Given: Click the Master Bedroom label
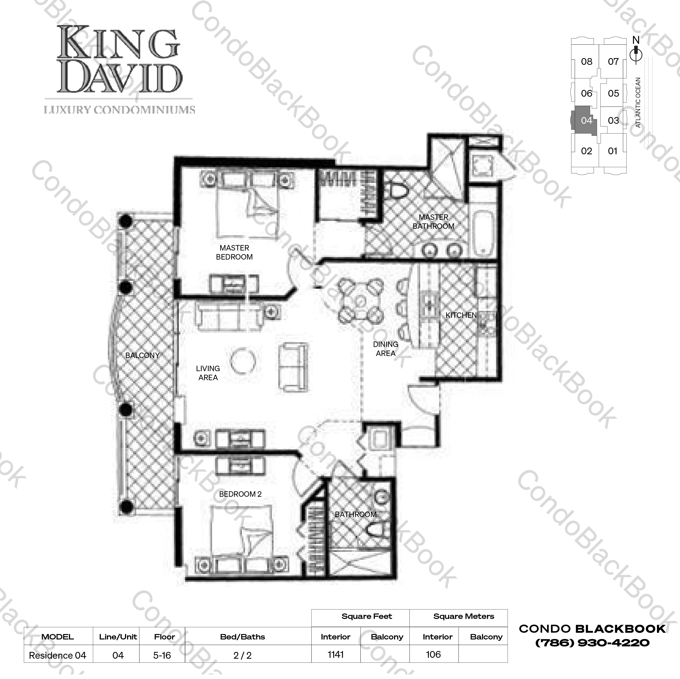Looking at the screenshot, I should pyautogui.click(x=234, y=253).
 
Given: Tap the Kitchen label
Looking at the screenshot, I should pyautogui.click(x=461, y=315).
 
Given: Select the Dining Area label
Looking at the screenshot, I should pyautogui.click(x=385, y=349).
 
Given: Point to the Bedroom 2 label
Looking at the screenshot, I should pyautogui.click(x=240, y=494).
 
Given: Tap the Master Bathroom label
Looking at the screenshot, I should pyautogui.click(x=433, y=222).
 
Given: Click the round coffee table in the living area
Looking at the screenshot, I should pyautogui.click(x=243, y=361).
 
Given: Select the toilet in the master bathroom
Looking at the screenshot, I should pyautogui.click(x=397, y=190).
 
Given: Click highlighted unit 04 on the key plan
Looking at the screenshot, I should pyautogui.click(x=586, y=121).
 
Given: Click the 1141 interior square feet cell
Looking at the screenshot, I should pyautogui.click(x=335, y=654).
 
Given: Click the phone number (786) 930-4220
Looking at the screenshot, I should pyautogui.click(x=592, y=643).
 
